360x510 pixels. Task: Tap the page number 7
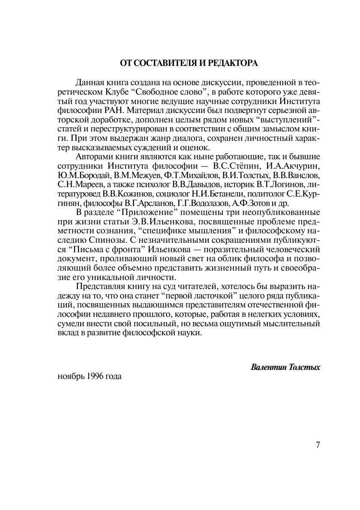(x=318, y=444)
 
